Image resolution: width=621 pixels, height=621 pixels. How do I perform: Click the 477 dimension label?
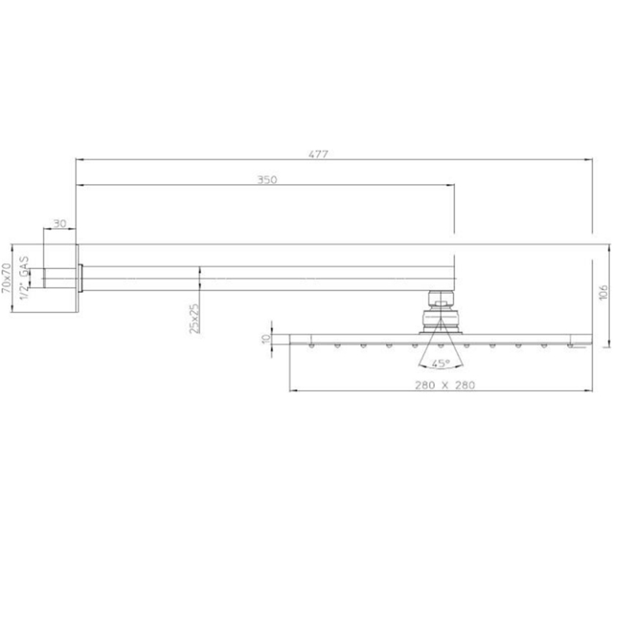click(319, 154)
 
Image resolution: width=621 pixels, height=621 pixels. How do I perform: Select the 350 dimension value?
click(267, 180)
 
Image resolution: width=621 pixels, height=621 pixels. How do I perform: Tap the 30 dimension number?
click(60, 224)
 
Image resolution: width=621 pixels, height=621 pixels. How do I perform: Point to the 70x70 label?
click(7, 278)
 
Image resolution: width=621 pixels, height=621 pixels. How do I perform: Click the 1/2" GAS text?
click(25, 278)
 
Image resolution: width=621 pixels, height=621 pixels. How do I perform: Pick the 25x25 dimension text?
click(194, 319)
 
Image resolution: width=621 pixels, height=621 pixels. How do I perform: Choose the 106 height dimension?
click(603, 293)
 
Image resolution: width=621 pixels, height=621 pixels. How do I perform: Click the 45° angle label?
click(441, 363)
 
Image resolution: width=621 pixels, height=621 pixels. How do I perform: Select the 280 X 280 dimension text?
click(445, 385)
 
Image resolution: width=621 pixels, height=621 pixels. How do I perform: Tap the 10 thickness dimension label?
click(266, 339)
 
